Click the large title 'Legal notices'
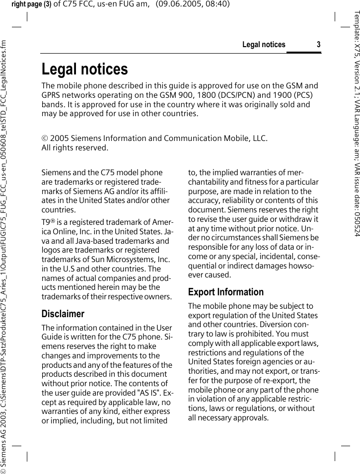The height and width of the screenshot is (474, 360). [x=84, y=69]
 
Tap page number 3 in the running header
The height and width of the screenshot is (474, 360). [x=319, y=45]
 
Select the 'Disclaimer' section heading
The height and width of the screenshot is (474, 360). [x=63, y=314]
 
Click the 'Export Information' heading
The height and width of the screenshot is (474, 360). [x=225, y=292]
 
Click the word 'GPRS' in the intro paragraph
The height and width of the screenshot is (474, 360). [x=51, y=95]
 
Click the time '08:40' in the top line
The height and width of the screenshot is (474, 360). [x=219, y=4]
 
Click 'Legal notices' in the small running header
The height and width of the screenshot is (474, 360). [x=264, y=45]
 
